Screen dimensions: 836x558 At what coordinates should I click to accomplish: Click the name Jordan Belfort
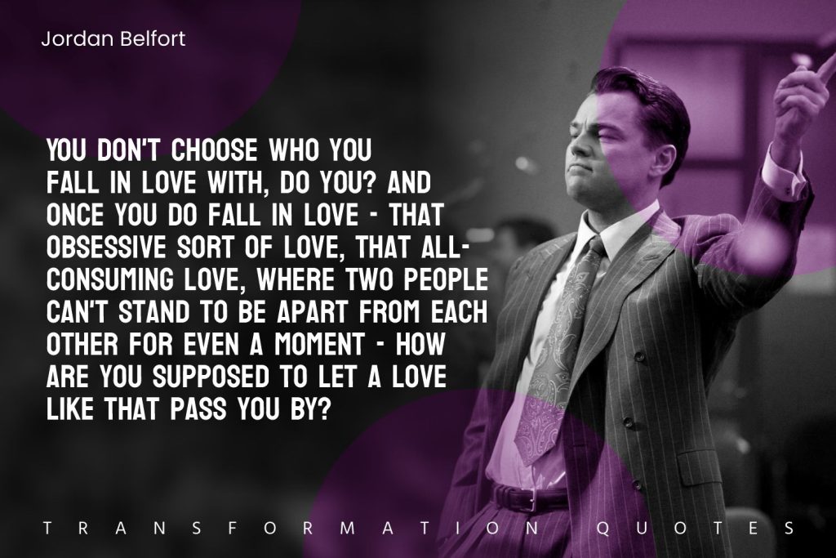113,39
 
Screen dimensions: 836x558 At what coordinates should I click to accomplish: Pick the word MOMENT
320,344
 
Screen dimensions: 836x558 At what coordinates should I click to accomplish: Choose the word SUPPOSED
211,376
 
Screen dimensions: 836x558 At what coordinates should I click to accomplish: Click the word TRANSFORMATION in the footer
291,529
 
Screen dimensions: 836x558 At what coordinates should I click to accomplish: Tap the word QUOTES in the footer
696,529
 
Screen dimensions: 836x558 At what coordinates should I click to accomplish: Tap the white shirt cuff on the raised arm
783,171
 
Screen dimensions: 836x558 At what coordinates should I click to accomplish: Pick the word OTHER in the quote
82,344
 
